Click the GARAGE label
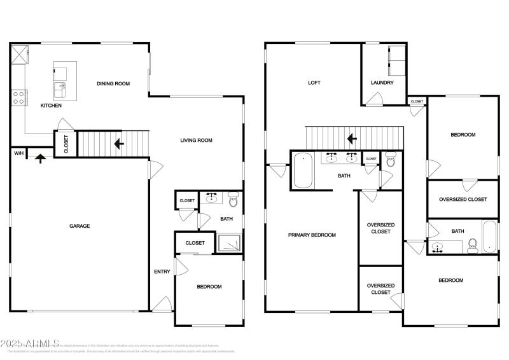click(80, 226)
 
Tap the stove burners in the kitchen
click(18, 97)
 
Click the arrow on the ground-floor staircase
click(118, 144)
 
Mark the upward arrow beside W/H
click(40, 157)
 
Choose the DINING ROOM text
click(113, 83)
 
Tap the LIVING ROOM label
click(196, 141)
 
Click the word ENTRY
click(162, 272)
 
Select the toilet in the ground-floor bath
click(232, 202)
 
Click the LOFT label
click(314, 83)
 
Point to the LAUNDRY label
click(382, 83)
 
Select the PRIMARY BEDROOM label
click(312, 235)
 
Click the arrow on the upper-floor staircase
click(350, 138)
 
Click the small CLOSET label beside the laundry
click(417, 101)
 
